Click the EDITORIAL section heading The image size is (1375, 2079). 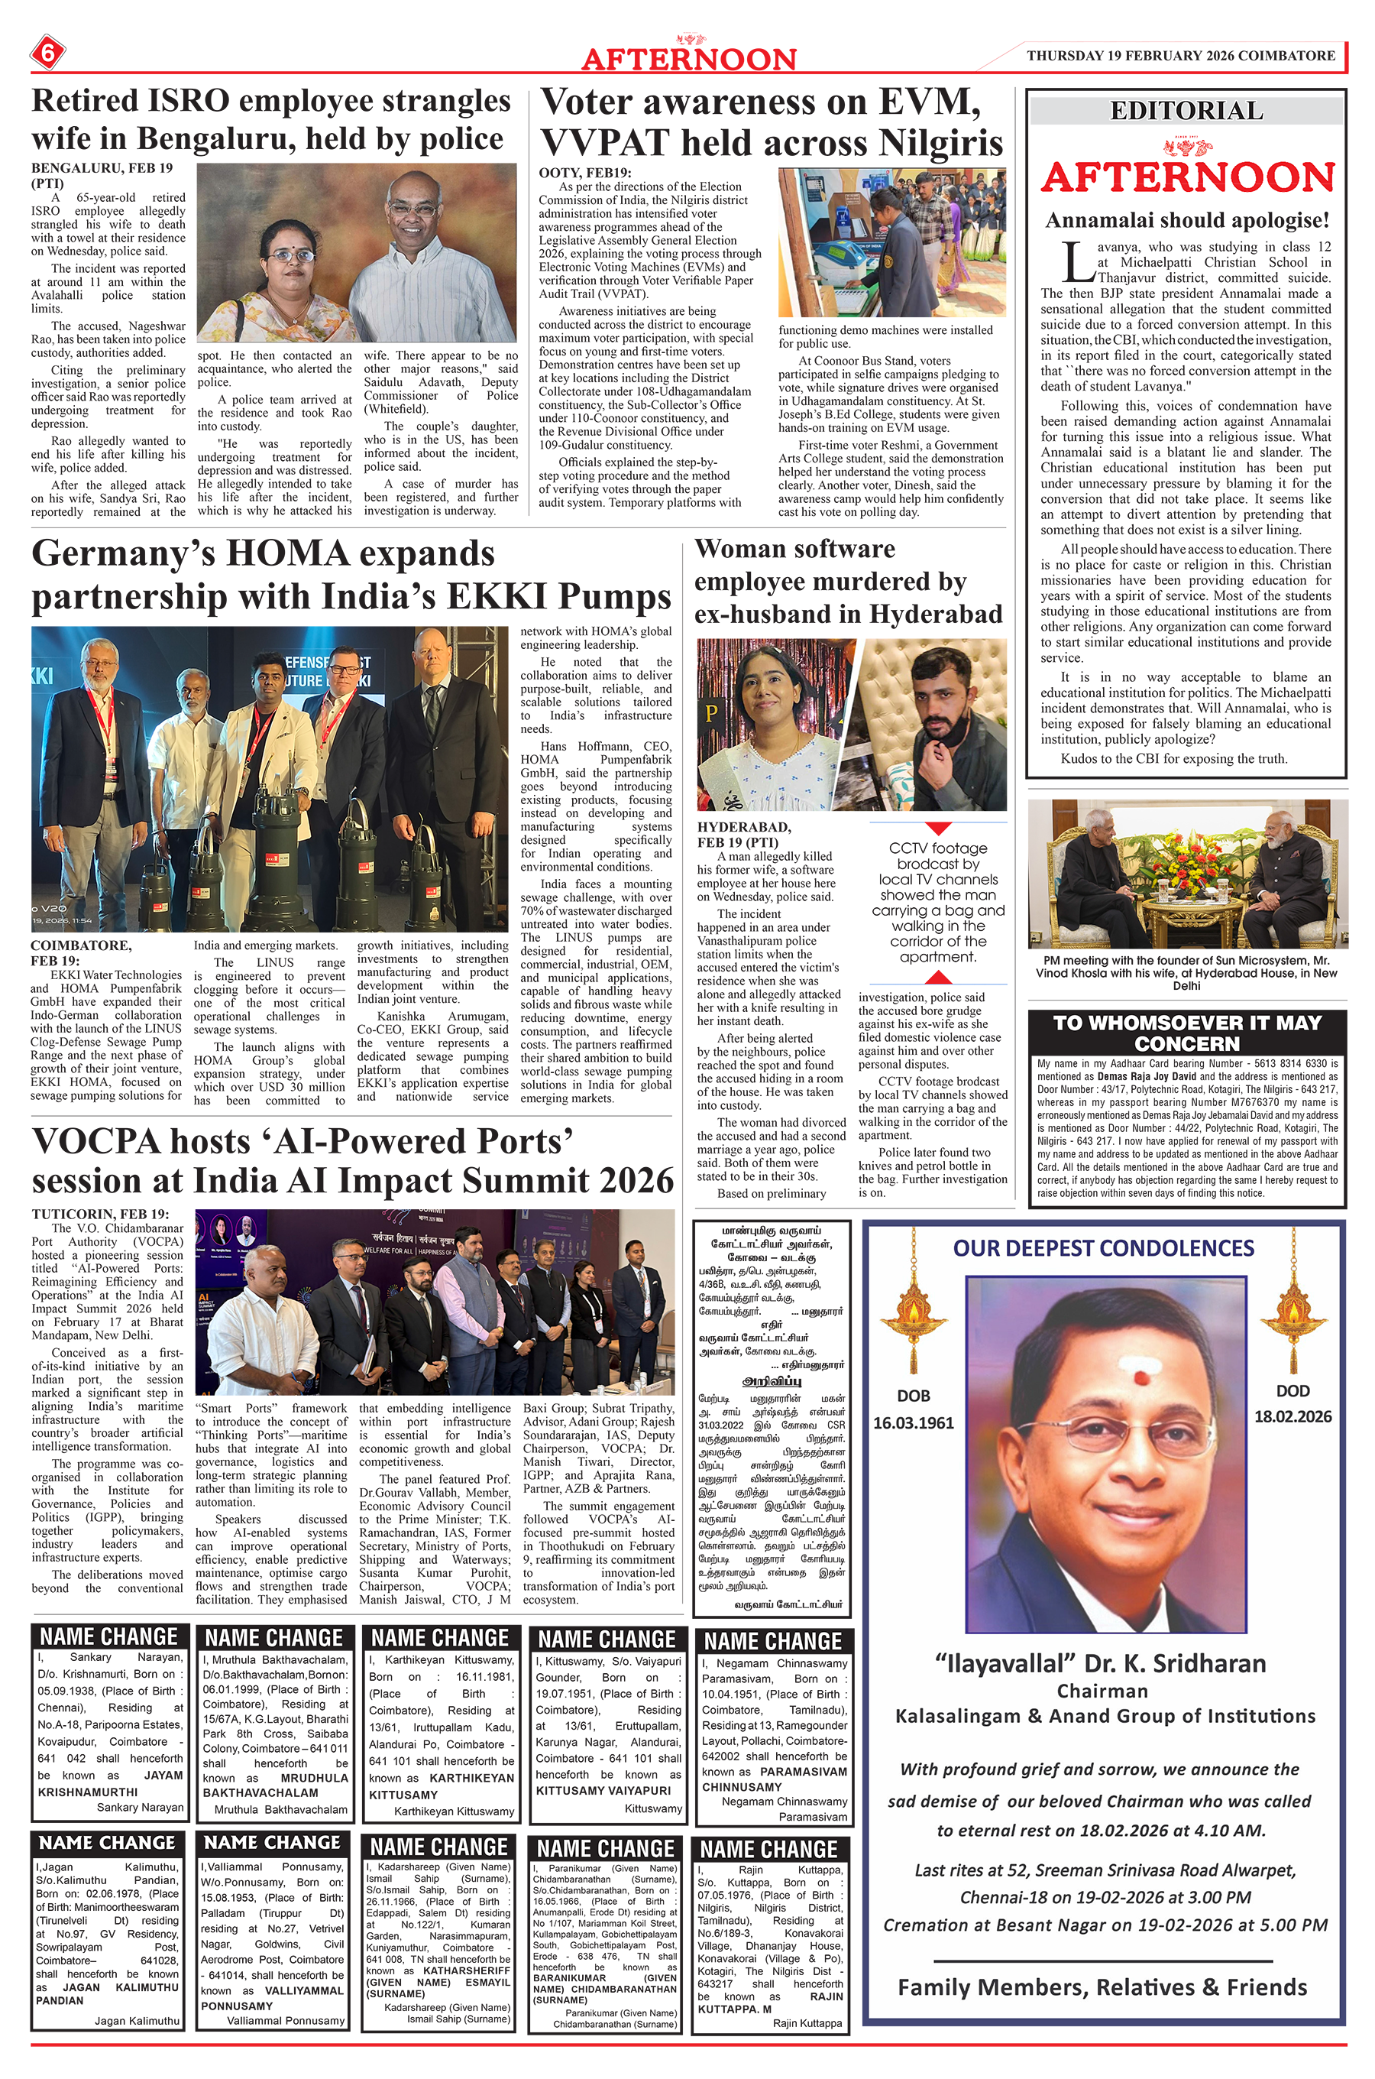(1186, 112)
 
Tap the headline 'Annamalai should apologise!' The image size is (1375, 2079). (1186, 220)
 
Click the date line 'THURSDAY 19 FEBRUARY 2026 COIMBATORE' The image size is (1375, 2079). (1180, 55)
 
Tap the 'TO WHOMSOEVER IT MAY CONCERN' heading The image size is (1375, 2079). (1186, 1032)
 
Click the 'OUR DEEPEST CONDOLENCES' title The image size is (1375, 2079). (1103, 1247)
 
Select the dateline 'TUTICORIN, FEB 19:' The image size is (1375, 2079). (100, 1214)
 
